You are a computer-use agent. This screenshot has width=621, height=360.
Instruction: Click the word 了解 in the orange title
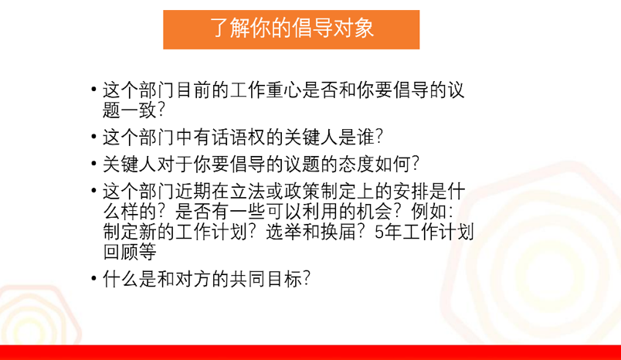tap(229, 28)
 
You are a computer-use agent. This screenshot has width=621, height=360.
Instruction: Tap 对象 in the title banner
tap(354, 28)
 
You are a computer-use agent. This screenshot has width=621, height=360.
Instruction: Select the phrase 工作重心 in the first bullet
tap(266, 90)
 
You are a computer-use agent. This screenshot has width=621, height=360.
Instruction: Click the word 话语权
tap(239, 137)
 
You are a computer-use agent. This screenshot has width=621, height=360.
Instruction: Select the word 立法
tap(248, 192)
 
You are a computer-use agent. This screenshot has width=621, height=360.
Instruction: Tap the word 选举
tap(284, 232)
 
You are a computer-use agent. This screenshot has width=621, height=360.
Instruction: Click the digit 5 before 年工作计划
tap(379, 232)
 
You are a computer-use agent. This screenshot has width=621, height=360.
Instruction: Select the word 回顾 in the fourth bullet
tap(120, 252)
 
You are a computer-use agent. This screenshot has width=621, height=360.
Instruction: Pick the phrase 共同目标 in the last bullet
tap(266, 279)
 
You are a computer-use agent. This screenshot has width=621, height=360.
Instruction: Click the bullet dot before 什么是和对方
tap(94, 279)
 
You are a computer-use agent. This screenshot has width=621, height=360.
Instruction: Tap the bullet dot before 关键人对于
tap(94, 164)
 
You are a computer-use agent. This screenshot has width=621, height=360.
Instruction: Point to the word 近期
tap(194, 192)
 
